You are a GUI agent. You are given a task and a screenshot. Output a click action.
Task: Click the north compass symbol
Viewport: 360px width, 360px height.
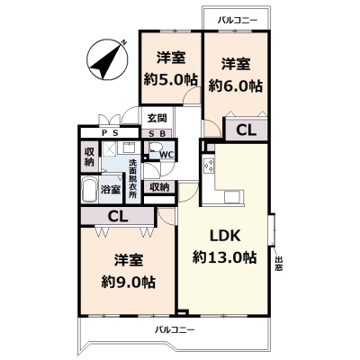click(107, 59)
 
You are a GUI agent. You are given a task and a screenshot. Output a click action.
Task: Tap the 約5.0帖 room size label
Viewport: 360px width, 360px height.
click(170, 80)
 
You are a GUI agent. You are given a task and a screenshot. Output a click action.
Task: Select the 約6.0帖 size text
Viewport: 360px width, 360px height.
click(236, 86)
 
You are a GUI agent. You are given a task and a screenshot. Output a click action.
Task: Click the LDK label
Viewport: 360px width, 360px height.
click(225, 236)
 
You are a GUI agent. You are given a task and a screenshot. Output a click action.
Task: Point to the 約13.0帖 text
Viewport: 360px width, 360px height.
click(225, 257)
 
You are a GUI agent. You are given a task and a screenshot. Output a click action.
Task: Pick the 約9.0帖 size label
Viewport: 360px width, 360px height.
click(128, 282)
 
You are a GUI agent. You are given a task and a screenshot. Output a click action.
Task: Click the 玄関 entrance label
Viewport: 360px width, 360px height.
click(157, 118)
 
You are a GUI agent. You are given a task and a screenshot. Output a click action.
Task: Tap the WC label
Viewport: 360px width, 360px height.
click(166, 155)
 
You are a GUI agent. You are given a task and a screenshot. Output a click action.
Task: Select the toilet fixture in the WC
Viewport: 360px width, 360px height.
click(155, 148)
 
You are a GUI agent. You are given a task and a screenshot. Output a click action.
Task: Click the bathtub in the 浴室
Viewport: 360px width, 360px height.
click(89, 190)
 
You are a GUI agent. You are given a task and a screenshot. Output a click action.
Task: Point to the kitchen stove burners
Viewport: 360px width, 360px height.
click(209, 165)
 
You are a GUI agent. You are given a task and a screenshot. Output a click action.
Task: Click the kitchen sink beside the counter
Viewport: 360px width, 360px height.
click(232, 197)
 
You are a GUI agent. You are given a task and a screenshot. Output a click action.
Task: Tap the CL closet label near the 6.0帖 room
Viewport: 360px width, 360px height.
click(246, 130)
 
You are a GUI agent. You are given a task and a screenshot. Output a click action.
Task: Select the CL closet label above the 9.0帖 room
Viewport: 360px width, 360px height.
click(118, 216)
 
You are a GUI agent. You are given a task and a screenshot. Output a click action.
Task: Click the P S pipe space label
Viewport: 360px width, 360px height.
click(110, 133)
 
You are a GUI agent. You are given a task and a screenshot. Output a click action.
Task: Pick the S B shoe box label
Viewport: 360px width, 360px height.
click(157, 134)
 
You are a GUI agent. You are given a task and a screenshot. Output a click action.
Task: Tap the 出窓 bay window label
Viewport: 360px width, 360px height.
click(279, 264)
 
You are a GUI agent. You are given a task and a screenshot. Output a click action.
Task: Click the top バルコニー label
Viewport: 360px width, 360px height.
click(238, 21)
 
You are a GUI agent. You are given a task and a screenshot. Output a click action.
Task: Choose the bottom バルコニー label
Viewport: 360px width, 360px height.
click(175, 330)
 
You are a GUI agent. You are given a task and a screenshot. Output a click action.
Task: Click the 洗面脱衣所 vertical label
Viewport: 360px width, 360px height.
click(132, 178)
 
